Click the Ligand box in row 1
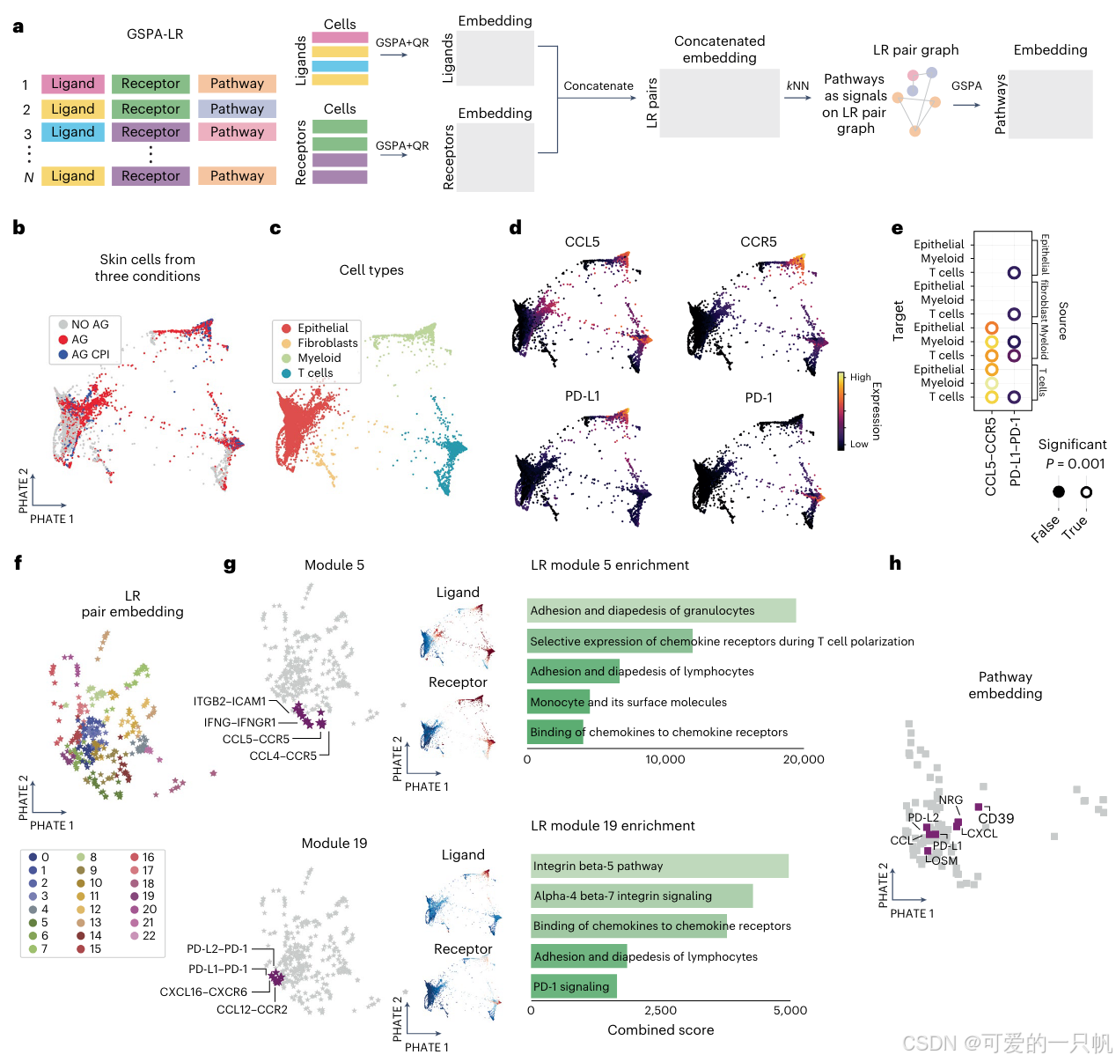click(72, 84)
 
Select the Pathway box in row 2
click(237, 109)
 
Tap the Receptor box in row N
click(150, 176)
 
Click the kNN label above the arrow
click(797, 85)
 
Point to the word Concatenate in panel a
click(598, 85)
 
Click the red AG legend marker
click(63, 340)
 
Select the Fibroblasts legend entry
click(327, 343)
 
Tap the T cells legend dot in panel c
click(286, 373)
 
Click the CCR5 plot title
click(759, 241)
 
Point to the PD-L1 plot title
click(583, 396)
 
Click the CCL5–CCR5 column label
click(991, 456)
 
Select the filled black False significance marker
click(1059, 491)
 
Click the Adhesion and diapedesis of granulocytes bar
click(661, 610)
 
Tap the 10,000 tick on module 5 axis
click(665, 759)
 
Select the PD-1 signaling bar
click(573, 986)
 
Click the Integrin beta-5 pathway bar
click(659, 866)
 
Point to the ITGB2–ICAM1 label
click(230, 702)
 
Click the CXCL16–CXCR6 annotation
click(203, 992)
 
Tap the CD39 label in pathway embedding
click(996, 819)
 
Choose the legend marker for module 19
click(135, 896)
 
